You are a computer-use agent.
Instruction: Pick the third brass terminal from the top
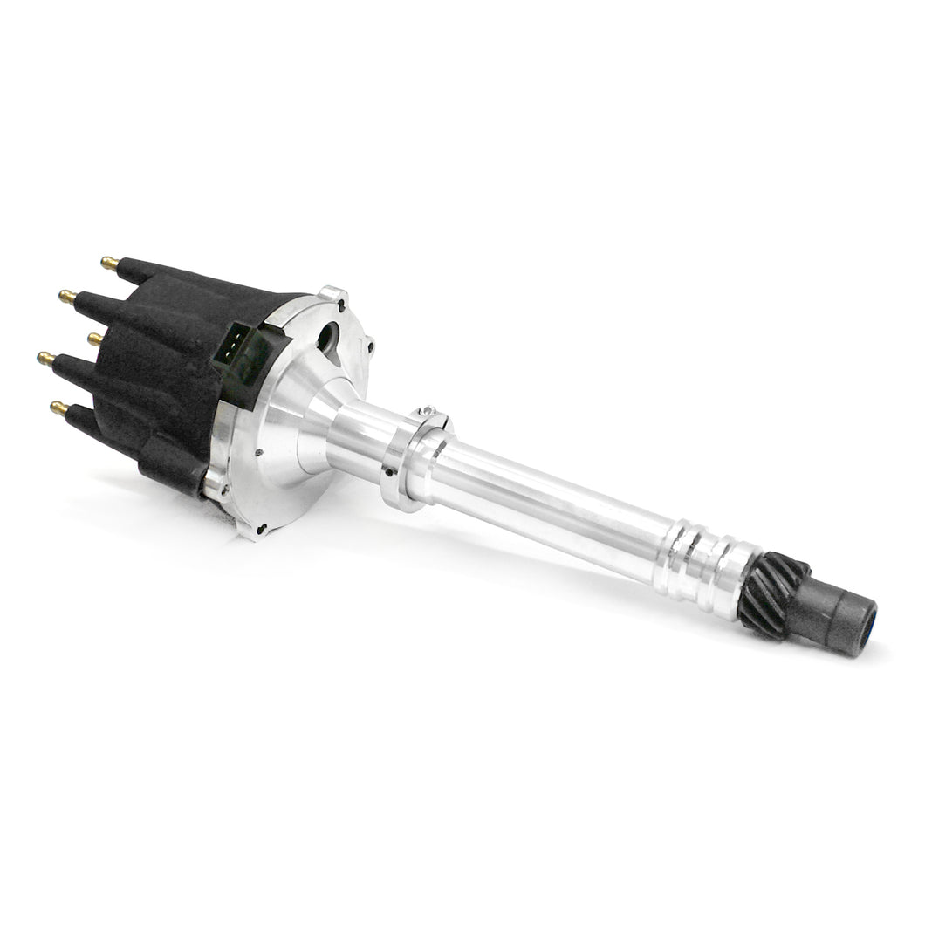coord(93,338)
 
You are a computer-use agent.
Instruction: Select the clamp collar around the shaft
coord(410,462)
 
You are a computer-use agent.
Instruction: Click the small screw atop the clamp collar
coord(425,411)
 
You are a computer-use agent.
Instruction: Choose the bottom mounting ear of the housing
coord(258,529)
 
